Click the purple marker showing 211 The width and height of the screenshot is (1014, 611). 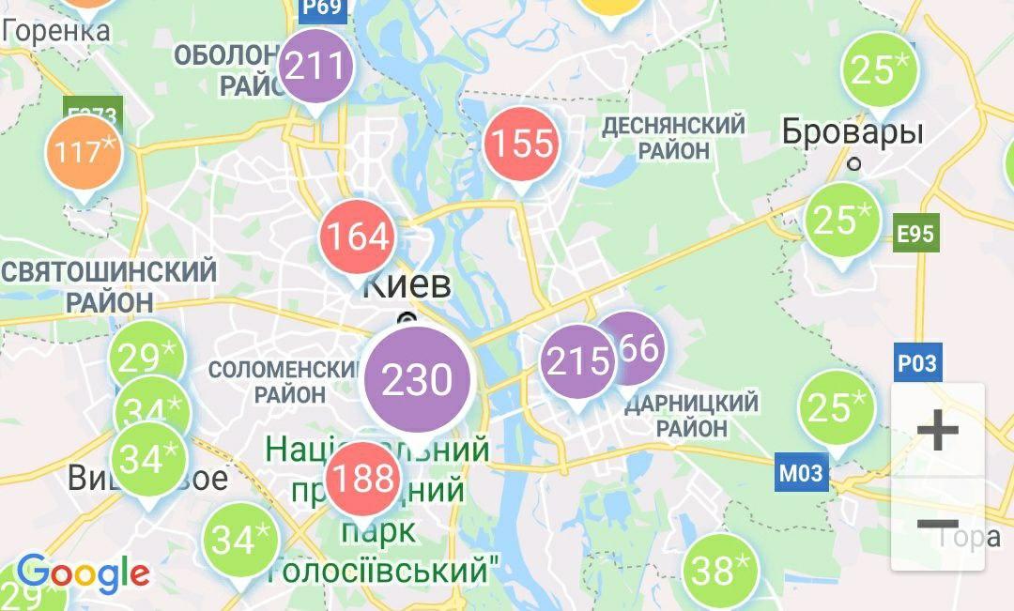[x=316, y=67]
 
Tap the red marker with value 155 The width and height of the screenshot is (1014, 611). [x=522, y=145]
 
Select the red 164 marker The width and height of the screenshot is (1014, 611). [x=357, y=237]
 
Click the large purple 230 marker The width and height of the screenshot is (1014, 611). [x=417, y=380]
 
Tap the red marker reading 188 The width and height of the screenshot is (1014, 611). [x=362, y=480]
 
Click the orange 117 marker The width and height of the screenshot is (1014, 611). [x=84, y=151]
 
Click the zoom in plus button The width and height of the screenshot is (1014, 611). [x=937, y=431]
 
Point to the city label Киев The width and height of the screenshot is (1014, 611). [x=407, y=285]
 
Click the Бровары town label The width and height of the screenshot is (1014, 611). [x=853, y=131]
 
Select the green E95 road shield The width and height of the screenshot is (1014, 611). [x=915, y=234]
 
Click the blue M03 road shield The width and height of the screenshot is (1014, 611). [x=801, y=473]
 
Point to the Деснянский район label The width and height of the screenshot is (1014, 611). [x=674, y=137]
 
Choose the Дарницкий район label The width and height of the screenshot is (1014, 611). [x=691, y=415]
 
